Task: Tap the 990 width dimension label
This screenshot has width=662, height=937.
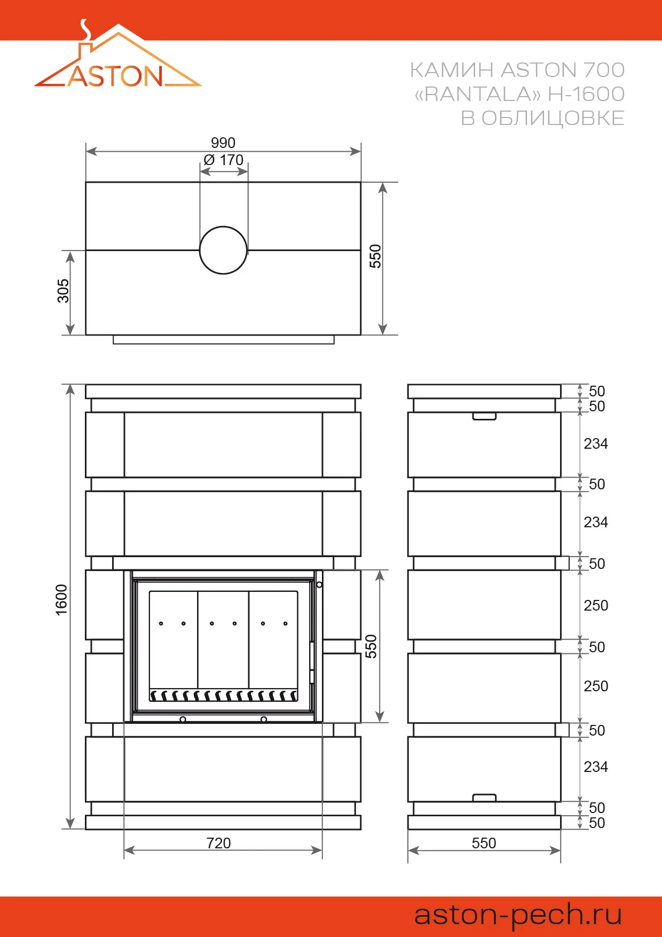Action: pyautogui.click(x=223, y=143)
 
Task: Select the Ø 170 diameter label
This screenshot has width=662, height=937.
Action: pyautogui.click(x=224, y=160)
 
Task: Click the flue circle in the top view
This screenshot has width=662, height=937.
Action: pyautogui.click(x=223, y=250)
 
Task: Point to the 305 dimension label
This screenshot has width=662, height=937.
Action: pyautogui.click(x=64, y=291)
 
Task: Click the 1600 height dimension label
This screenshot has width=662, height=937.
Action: pyautogui.click(x=62, y=599)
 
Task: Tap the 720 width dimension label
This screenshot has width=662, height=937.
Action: pyautogui.click(x=218, y=843)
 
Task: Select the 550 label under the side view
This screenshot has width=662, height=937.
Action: pyautogui.click(x=484, y=843)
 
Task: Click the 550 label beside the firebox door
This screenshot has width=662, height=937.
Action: pyautogui.click(x=371, y=646)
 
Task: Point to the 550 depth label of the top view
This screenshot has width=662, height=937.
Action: pyautogui.click(x=376, y=256)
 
